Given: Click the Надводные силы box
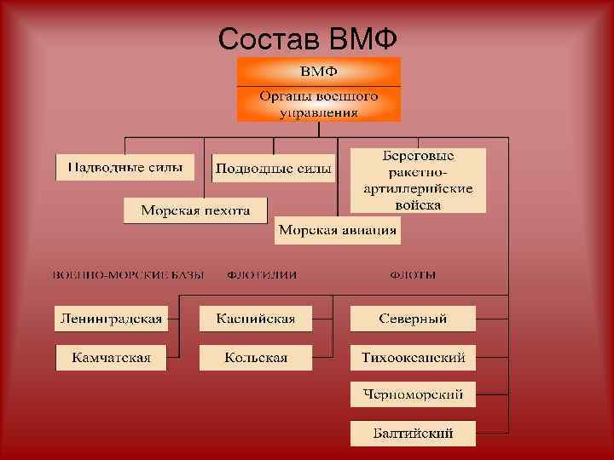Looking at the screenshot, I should [x=125, y=167].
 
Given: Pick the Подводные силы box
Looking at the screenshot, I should [x=273, y=168].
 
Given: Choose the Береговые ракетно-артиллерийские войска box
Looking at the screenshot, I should [x=419, y=181].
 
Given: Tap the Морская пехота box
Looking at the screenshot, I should [x=195, y=210].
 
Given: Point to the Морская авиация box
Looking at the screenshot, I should [x=338, y=230].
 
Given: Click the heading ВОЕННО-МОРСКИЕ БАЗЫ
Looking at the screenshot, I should [x=129, y=275].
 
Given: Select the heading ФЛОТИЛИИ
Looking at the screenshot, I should [x=268, y=275].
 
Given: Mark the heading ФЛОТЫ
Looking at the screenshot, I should [x=413, y=275].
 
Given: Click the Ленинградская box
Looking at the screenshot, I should [x=111, y=319].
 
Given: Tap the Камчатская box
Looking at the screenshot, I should [x=111, y=358].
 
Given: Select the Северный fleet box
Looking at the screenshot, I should [x=413, y=319].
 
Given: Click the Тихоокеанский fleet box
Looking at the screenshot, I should [x=413, y=358].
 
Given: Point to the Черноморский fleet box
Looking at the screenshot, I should [x=413, y=394].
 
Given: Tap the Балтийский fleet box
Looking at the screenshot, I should [x=413, y=433].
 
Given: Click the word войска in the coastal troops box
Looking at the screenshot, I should [x=419, y=204].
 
